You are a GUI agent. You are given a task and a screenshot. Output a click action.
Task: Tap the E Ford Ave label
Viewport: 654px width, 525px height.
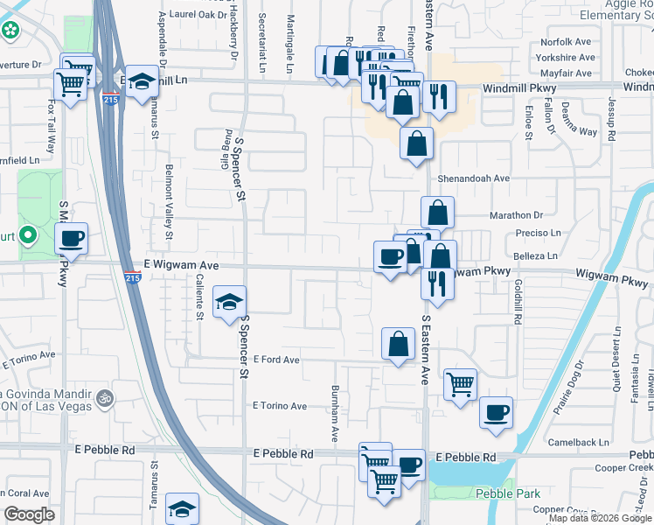(276, 360)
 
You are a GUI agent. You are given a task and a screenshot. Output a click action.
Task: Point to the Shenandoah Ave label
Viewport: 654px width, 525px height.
(474, 178)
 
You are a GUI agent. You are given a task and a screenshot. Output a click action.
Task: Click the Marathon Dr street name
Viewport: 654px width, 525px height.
(516, 214)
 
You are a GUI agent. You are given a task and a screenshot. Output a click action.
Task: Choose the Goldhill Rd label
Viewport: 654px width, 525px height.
(518, 303)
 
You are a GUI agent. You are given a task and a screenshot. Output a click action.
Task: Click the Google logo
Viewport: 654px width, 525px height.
(29, 514)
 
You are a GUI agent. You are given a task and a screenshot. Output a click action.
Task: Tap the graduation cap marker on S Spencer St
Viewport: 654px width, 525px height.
(229, 303)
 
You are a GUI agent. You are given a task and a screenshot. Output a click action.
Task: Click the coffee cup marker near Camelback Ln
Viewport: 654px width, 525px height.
(497, 412)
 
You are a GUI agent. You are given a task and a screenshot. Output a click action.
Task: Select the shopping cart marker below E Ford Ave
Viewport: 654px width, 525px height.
(460, 383)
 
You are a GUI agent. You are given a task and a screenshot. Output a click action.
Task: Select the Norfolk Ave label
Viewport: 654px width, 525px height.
(567, 42)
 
